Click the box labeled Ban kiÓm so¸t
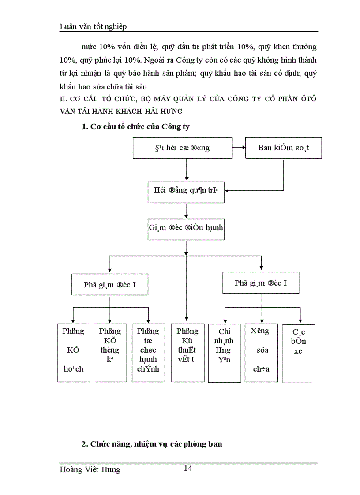coord(283,148)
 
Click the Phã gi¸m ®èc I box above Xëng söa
coord(261,283)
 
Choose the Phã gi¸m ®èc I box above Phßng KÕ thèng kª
coord(110,284)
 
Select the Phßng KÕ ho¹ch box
coord(73,353)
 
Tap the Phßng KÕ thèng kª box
coord(109,353)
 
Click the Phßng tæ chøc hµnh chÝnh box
coord(148,353)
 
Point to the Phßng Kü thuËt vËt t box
coord(187,353)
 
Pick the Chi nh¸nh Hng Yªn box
coord(224,353)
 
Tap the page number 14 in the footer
coord(187,468)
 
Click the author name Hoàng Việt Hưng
coord(90,470)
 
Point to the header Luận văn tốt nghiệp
coord(93,27)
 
